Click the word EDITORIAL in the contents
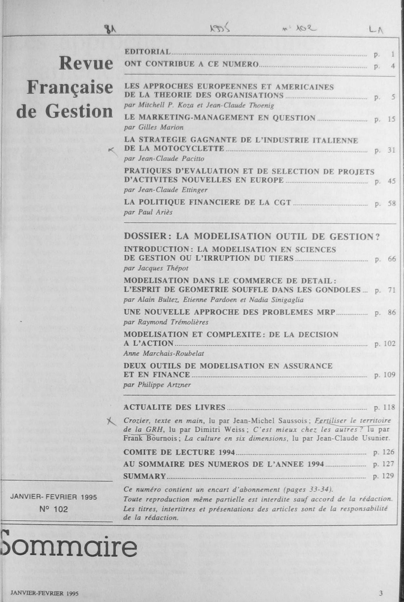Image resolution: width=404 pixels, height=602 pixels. pos(147,52)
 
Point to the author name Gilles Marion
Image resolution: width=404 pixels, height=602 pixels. pos(161,127)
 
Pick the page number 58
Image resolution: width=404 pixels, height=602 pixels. pos(391,204)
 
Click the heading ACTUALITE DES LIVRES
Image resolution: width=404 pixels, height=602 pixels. pos(174,407)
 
